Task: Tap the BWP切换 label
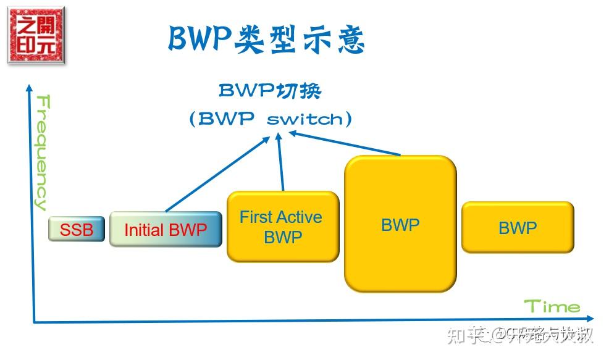[x=270, y=91]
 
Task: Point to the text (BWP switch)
[x=271, y=119]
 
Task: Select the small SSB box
[x=77, y=230]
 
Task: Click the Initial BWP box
[x=166, y=230]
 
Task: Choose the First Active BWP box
[x=283, y=227]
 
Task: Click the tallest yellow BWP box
[x=400, y=224]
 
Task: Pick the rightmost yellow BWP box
[x=518, y=227]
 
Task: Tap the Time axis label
[x=552, y=306]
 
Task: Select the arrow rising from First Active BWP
[x=281, y=164]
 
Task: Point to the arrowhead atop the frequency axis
[x=28, y=88]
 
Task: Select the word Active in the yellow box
[x=298, y=217]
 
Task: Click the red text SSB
[x=77, y=230]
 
